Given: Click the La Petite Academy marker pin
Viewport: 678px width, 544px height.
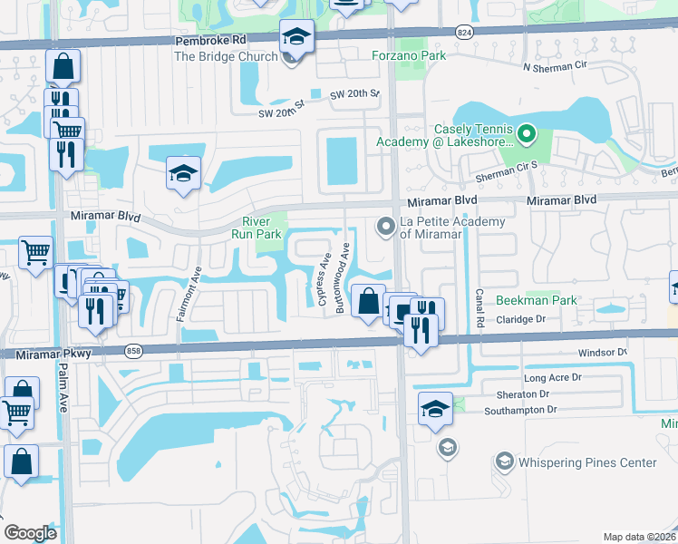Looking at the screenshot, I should pyautogui.click(x=386, y=224).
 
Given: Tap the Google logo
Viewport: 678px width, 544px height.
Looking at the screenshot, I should pyautogui.click(x=30, y=532).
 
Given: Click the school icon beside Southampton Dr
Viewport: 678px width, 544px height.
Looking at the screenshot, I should pyautogui.click(x=436, y=409).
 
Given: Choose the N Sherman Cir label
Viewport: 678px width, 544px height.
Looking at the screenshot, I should pyautogui.click(x=557, y=66).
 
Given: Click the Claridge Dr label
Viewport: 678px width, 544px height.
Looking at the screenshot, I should pyautogui.click(x=525, y=319).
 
